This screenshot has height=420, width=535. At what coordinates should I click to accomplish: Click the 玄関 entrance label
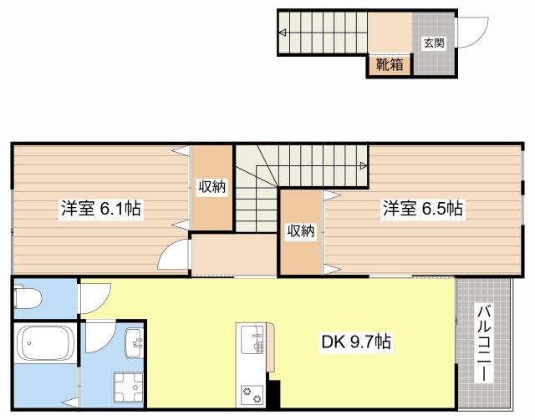[x=433, y=43]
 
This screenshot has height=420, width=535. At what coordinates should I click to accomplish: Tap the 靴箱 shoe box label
[x=389, y=64]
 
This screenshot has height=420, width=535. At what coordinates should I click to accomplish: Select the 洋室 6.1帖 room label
[x=99, y=209]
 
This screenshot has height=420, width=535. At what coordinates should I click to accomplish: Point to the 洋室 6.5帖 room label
[x=423, y=209]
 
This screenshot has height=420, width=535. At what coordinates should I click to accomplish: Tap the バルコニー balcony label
[x=484, y=343]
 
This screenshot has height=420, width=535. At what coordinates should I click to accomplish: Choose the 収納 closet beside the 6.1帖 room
[x=211, y=187]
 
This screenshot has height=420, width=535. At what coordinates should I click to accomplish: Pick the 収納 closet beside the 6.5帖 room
[x=300, y=231]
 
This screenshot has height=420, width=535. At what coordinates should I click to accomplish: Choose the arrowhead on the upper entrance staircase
[x=283, y=33]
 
